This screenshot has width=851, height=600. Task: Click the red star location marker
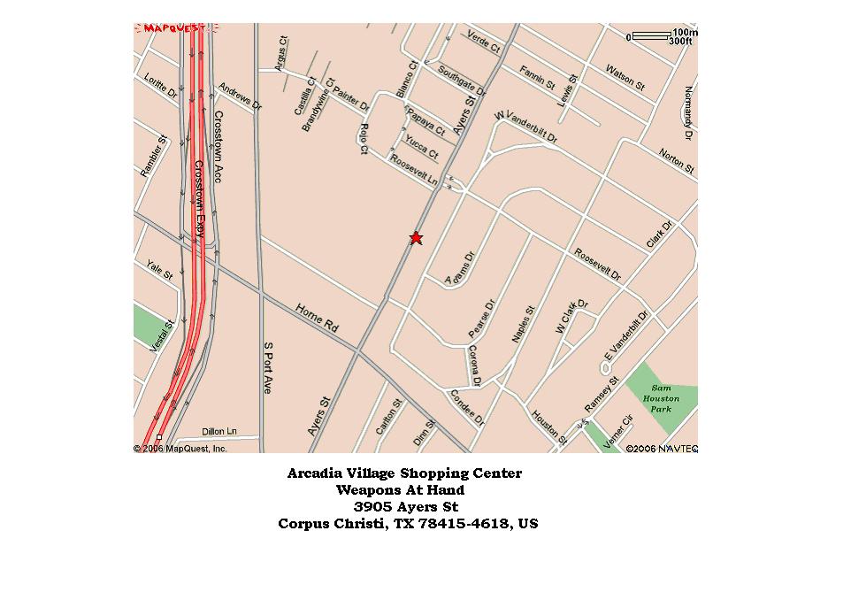pos(416,237)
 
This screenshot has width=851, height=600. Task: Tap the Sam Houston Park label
pos(661,398)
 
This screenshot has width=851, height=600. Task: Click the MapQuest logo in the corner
pos(175,28)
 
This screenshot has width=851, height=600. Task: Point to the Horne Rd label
pos(317,319)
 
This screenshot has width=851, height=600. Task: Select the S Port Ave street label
pos(267,367)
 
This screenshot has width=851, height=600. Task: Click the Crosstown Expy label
pos(200,198)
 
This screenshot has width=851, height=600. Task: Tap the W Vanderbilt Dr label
pos(526,127)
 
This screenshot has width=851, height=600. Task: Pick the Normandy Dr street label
pos(688,112)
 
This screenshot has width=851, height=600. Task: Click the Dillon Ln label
pos(219,431)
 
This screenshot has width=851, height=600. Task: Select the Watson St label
pos(625,77)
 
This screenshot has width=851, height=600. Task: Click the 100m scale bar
pos(651,36)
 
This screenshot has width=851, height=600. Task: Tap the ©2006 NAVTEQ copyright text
pos(662,449)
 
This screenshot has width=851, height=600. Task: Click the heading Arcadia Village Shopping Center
pos(404,473)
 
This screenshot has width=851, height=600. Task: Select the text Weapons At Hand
pos(400,489)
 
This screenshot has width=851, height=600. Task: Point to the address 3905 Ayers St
pos(405,506)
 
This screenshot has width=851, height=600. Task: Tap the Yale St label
pos(160,270)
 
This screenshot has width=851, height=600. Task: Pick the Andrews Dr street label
pos(240,97)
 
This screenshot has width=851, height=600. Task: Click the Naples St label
pos(524,324)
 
